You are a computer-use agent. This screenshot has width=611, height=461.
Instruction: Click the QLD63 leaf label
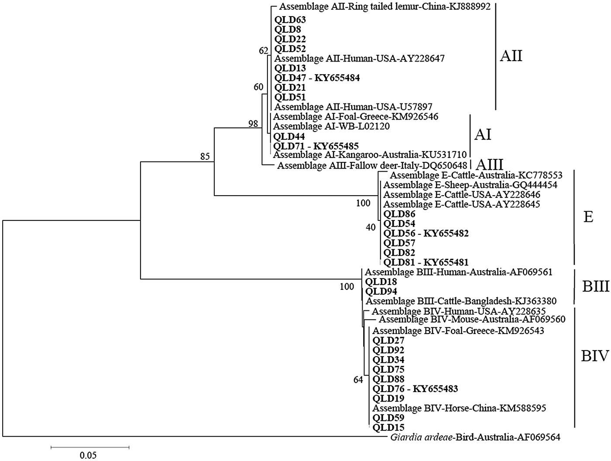[x=290, y=20]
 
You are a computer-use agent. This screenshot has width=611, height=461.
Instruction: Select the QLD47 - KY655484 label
[x=317, y=78]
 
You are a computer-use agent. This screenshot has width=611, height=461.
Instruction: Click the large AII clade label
[x=511, y=56]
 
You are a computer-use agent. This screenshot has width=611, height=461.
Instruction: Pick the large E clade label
[x=588, y=216]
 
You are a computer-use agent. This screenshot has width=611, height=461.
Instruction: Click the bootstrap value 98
[x=253, y=124]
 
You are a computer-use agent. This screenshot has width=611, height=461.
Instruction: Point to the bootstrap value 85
[x=205, y=156]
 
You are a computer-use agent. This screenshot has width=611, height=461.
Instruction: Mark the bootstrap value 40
[x=371, y=227]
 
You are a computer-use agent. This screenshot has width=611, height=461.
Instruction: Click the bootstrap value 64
[x=358, y=380]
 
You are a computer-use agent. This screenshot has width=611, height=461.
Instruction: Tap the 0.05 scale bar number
[x=89, y=455]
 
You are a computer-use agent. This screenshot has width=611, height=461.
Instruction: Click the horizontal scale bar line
[x=90, y=447]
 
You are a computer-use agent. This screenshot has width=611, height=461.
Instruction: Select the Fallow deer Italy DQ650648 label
[x=372, y=165]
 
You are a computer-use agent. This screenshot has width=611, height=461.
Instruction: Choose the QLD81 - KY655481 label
[x=426, y=262]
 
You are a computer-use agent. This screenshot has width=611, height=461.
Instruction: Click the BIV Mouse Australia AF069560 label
[x=472, y=320]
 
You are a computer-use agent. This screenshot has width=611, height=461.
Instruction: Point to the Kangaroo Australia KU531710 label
[x=370, y=155]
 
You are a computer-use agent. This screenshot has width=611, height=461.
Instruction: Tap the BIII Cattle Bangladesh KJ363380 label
[x=461, y=301]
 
